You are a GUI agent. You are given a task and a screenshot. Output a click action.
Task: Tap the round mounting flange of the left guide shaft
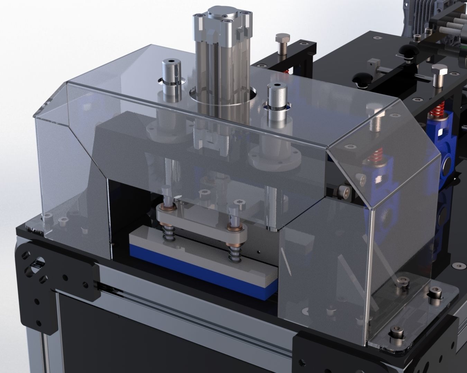pos(163,133)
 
